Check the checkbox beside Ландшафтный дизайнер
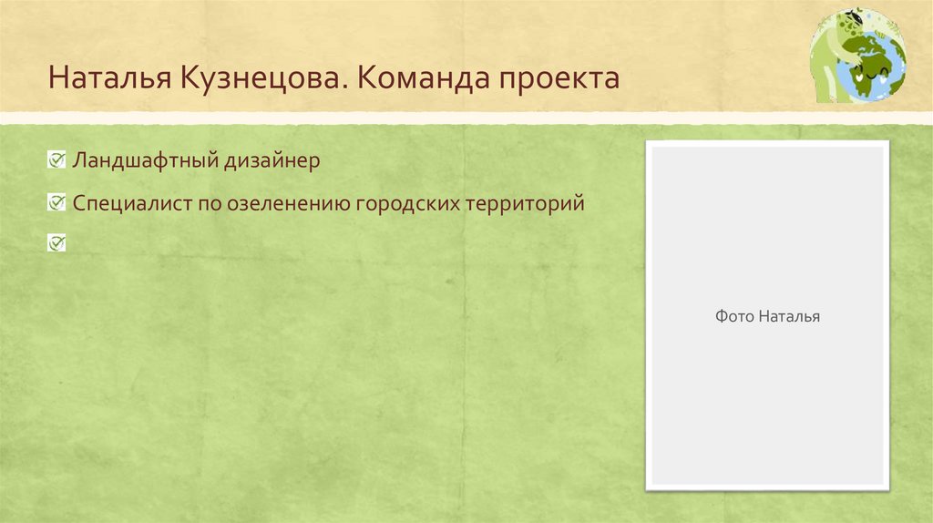point(56,160)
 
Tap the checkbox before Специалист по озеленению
point(56,200)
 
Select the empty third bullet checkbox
point(56,241)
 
